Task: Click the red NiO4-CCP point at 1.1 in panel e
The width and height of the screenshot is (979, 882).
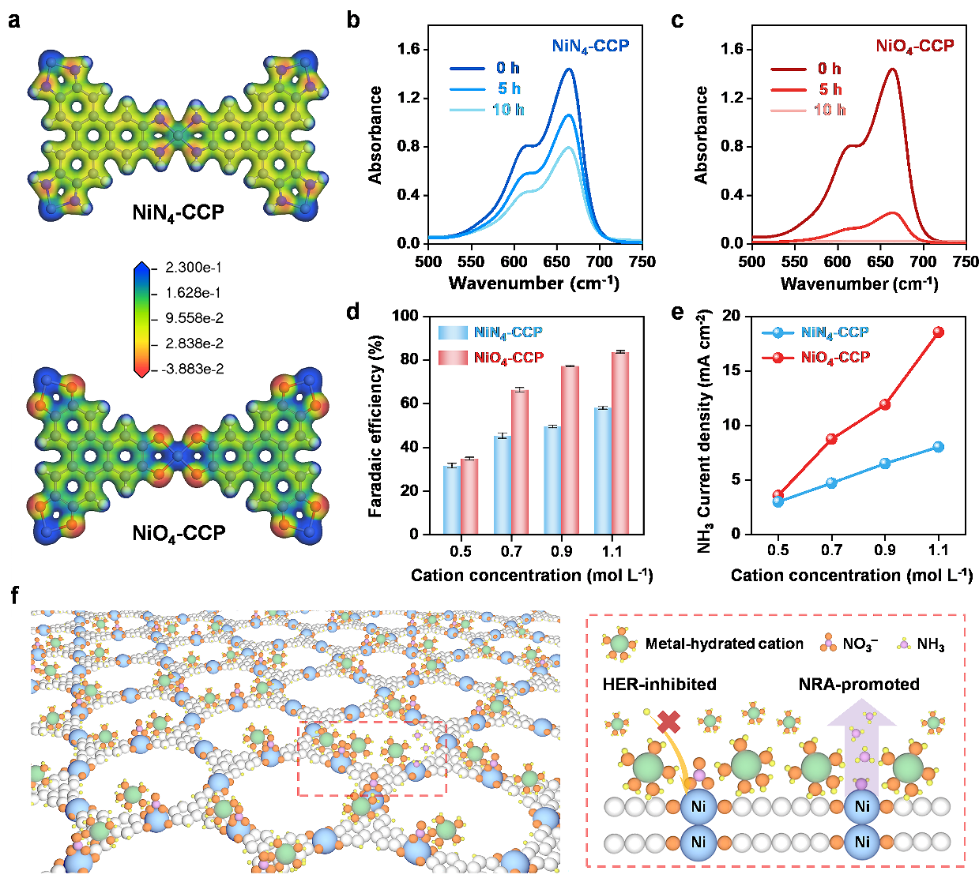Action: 938,332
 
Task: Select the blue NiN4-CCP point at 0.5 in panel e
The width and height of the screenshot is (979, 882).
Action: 778,501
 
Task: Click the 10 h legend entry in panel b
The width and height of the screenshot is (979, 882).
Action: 507,110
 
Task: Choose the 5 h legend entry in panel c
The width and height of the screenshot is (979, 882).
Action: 830,89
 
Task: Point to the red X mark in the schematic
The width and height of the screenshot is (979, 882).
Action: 669,722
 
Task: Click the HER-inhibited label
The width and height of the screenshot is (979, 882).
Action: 659,684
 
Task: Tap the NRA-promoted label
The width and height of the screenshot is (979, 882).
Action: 859,684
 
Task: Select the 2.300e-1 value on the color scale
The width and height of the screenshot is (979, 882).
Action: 194,268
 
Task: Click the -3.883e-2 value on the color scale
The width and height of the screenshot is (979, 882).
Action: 192,369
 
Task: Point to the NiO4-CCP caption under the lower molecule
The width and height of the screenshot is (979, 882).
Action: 179,534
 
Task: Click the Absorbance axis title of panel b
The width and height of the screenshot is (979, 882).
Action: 375,135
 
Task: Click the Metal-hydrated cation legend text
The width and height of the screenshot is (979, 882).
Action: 724,644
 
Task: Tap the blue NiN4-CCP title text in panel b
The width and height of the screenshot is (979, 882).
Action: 590,46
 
